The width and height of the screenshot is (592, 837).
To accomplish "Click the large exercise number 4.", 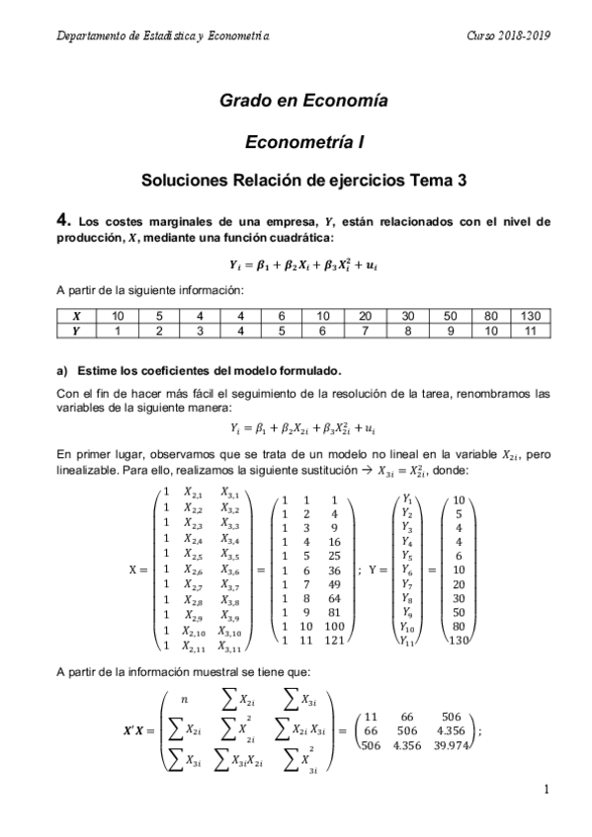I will point(62,220).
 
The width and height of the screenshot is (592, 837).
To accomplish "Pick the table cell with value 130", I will point(530,315).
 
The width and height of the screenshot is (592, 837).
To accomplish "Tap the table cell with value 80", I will point(488,315).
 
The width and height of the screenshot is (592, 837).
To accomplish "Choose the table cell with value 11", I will point(530,330).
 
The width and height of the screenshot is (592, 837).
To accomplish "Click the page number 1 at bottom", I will point(546,790).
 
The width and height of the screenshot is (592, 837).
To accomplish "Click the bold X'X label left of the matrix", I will point(137,731).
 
